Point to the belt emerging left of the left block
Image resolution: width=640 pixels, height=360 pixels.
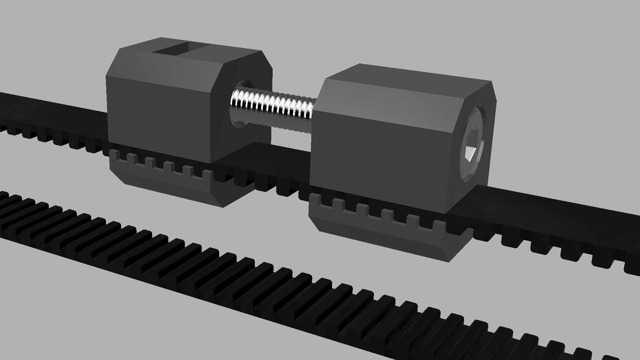(50, 109)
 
